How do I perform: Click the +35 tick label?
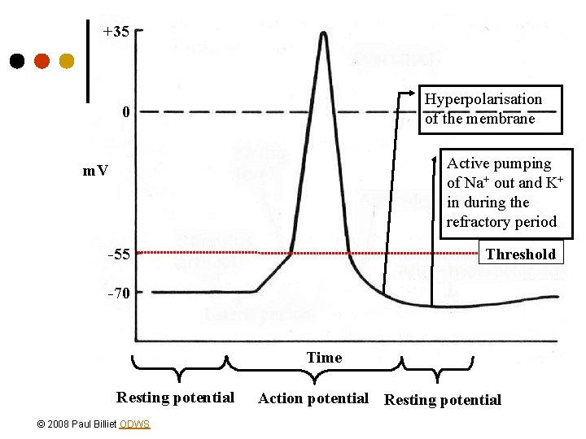click(116, 33)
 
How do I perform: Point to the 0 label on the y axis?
click(125, 111)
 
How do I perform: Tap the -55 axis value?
click(119, 254)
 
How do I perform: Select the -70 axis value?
click(119, 293)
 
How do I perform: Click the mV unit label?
click(95, 171)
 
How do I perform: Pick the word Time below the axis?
click(324, 357)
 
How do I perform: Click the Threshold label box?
click(520, 254)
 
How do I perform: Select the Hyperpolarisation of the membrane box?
click(483, 109)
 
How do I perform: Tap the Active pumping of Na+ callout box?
click(501, 193)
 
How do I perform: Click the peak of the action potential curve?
click(324, 34)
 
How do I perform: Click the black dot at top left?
click(16, 61)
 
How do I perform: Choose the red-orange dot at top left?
click(42, 61)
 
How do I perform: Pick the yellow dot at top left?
click(67, 61)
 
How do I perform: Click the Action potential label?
click(313, 398)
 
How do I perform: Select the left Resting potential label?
click(175, 398)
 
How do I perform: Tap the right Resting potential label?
click(443, 399)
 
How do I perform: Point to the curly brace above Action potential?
click(314, 370)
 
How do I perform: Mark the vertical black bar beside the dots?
click(88, 61)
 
